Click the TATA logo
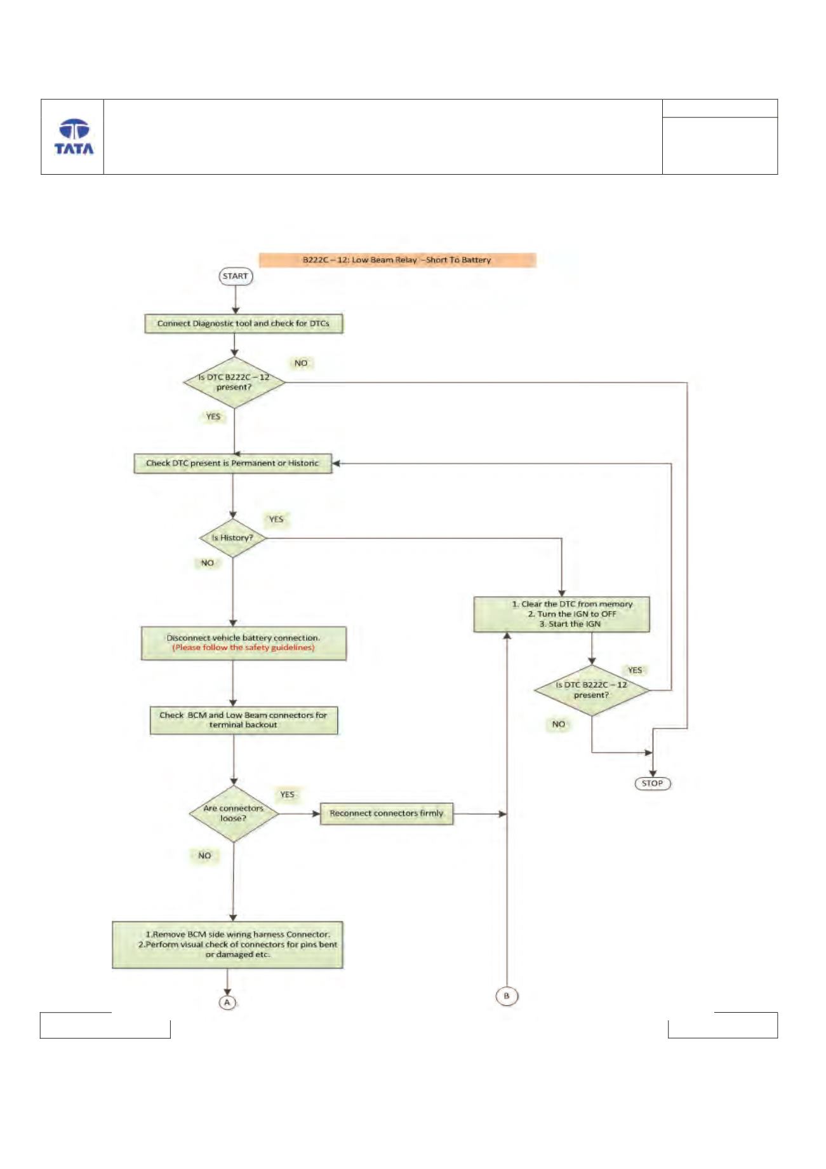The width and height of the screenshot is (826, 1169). tap(74, 137)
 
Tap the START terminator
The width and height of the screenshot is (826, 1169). tap(236, 276)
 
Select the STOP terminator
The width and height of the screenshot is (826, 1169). tap(653, 783)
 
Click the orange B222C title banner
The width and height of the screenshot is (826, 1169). tap(397, 260)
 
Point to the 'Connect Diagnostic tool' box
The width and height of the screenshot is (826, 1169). tap(244, 323)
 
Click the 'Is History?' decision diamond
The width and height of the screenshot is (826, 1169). tap(233, 538)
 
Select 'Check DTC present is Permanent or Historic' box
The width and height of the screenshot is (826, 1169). tap(233, 463)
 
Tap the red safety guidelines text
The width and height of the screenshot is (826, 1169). tap(244, 648)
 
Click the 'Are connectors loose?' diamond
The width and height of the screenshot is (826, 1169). tap(234, 814)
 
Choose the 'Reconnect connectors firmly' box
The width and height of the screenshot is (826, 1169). tap(387, 814)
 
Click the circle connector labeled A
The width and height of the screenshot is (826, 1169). tap(227, 1002)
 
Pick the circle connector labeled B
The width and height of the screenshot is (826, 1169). tap(507, 996)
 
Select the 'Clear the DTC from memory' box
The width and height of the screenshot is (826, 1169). tap(562, 614)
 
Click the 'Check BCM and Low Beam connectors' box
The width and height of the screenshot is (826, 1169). tap(244, 720)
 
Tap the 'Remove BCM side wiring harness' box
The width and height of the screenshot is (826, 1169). tap(228, 945)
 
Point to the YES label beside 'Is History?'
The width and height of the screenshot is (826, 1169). tap(276, 519)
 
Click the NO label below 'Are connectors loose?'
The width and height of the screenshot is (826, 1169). tap(204, 856)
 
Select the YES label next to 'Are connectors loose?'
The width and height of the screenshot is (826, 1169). tap(288, 795)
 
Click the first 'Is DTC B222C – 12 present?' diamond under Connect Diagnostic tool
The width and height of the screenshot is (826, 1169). tap(234, 382)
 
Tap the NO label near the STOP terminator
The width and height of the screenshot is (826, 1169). tap(559, 724)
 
